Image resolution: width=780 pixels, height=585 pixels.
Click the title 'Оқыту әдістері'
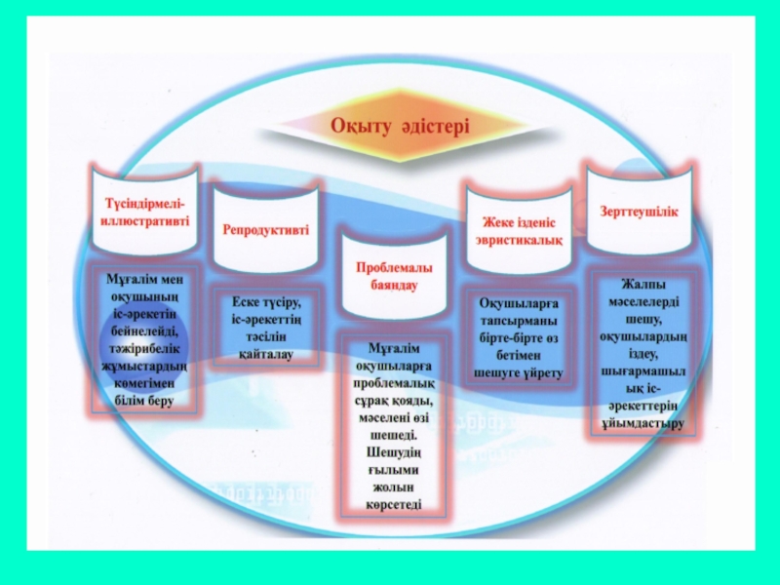click(x=399, y=127)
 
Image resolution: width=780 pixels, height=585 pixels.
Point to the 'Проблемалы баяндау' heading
click(x=395, y=276)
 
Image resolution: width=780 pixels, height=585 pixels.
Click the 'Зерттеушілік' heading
click(x=639, y=210)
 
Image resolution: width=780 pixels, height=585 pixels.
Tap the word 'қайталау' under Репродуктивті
click(x=265, y=353)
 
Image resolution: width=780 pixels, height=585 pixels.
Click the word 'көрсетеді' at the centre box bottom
click(x=394, y=504)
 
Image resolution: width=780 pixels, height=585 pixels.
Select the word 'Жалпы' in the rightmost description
click(x=640, y=285)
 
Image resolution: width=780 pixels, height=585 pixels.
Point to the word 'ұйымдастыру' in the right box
click(x=640, y=424)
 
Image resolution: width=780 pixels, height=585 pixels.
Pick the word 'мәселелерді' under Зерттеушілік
click(x=640, y=302)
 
